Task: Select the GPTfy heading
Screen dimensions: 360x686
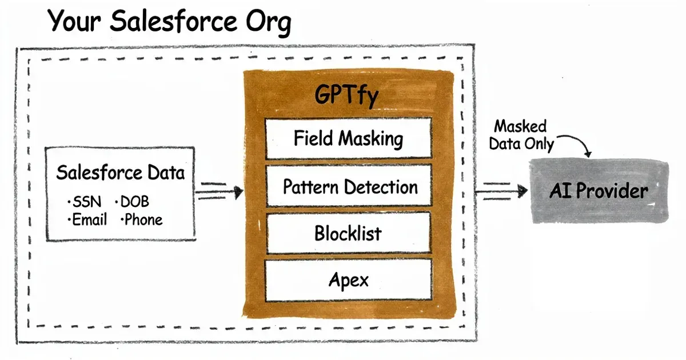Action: click(347, 95)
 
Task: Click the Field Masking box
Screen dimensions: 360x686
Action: click(348, 139)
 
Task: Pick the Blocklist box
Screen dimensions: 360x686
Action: click(348, 233)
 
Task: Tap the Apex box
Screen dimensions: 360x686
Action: click(348, 280)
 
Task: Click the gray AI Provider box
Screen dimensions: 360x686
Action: click(598, 191)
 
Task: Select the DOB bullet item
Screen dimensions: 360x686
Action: click(135, 202)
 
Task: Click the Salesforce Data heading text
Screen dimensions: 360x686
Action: click(121, 173)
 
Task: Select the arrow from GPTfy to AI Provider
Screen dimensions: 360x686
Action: click(501, 191)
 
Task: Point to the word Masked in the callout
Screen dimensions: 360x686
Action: click(520, 126)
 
